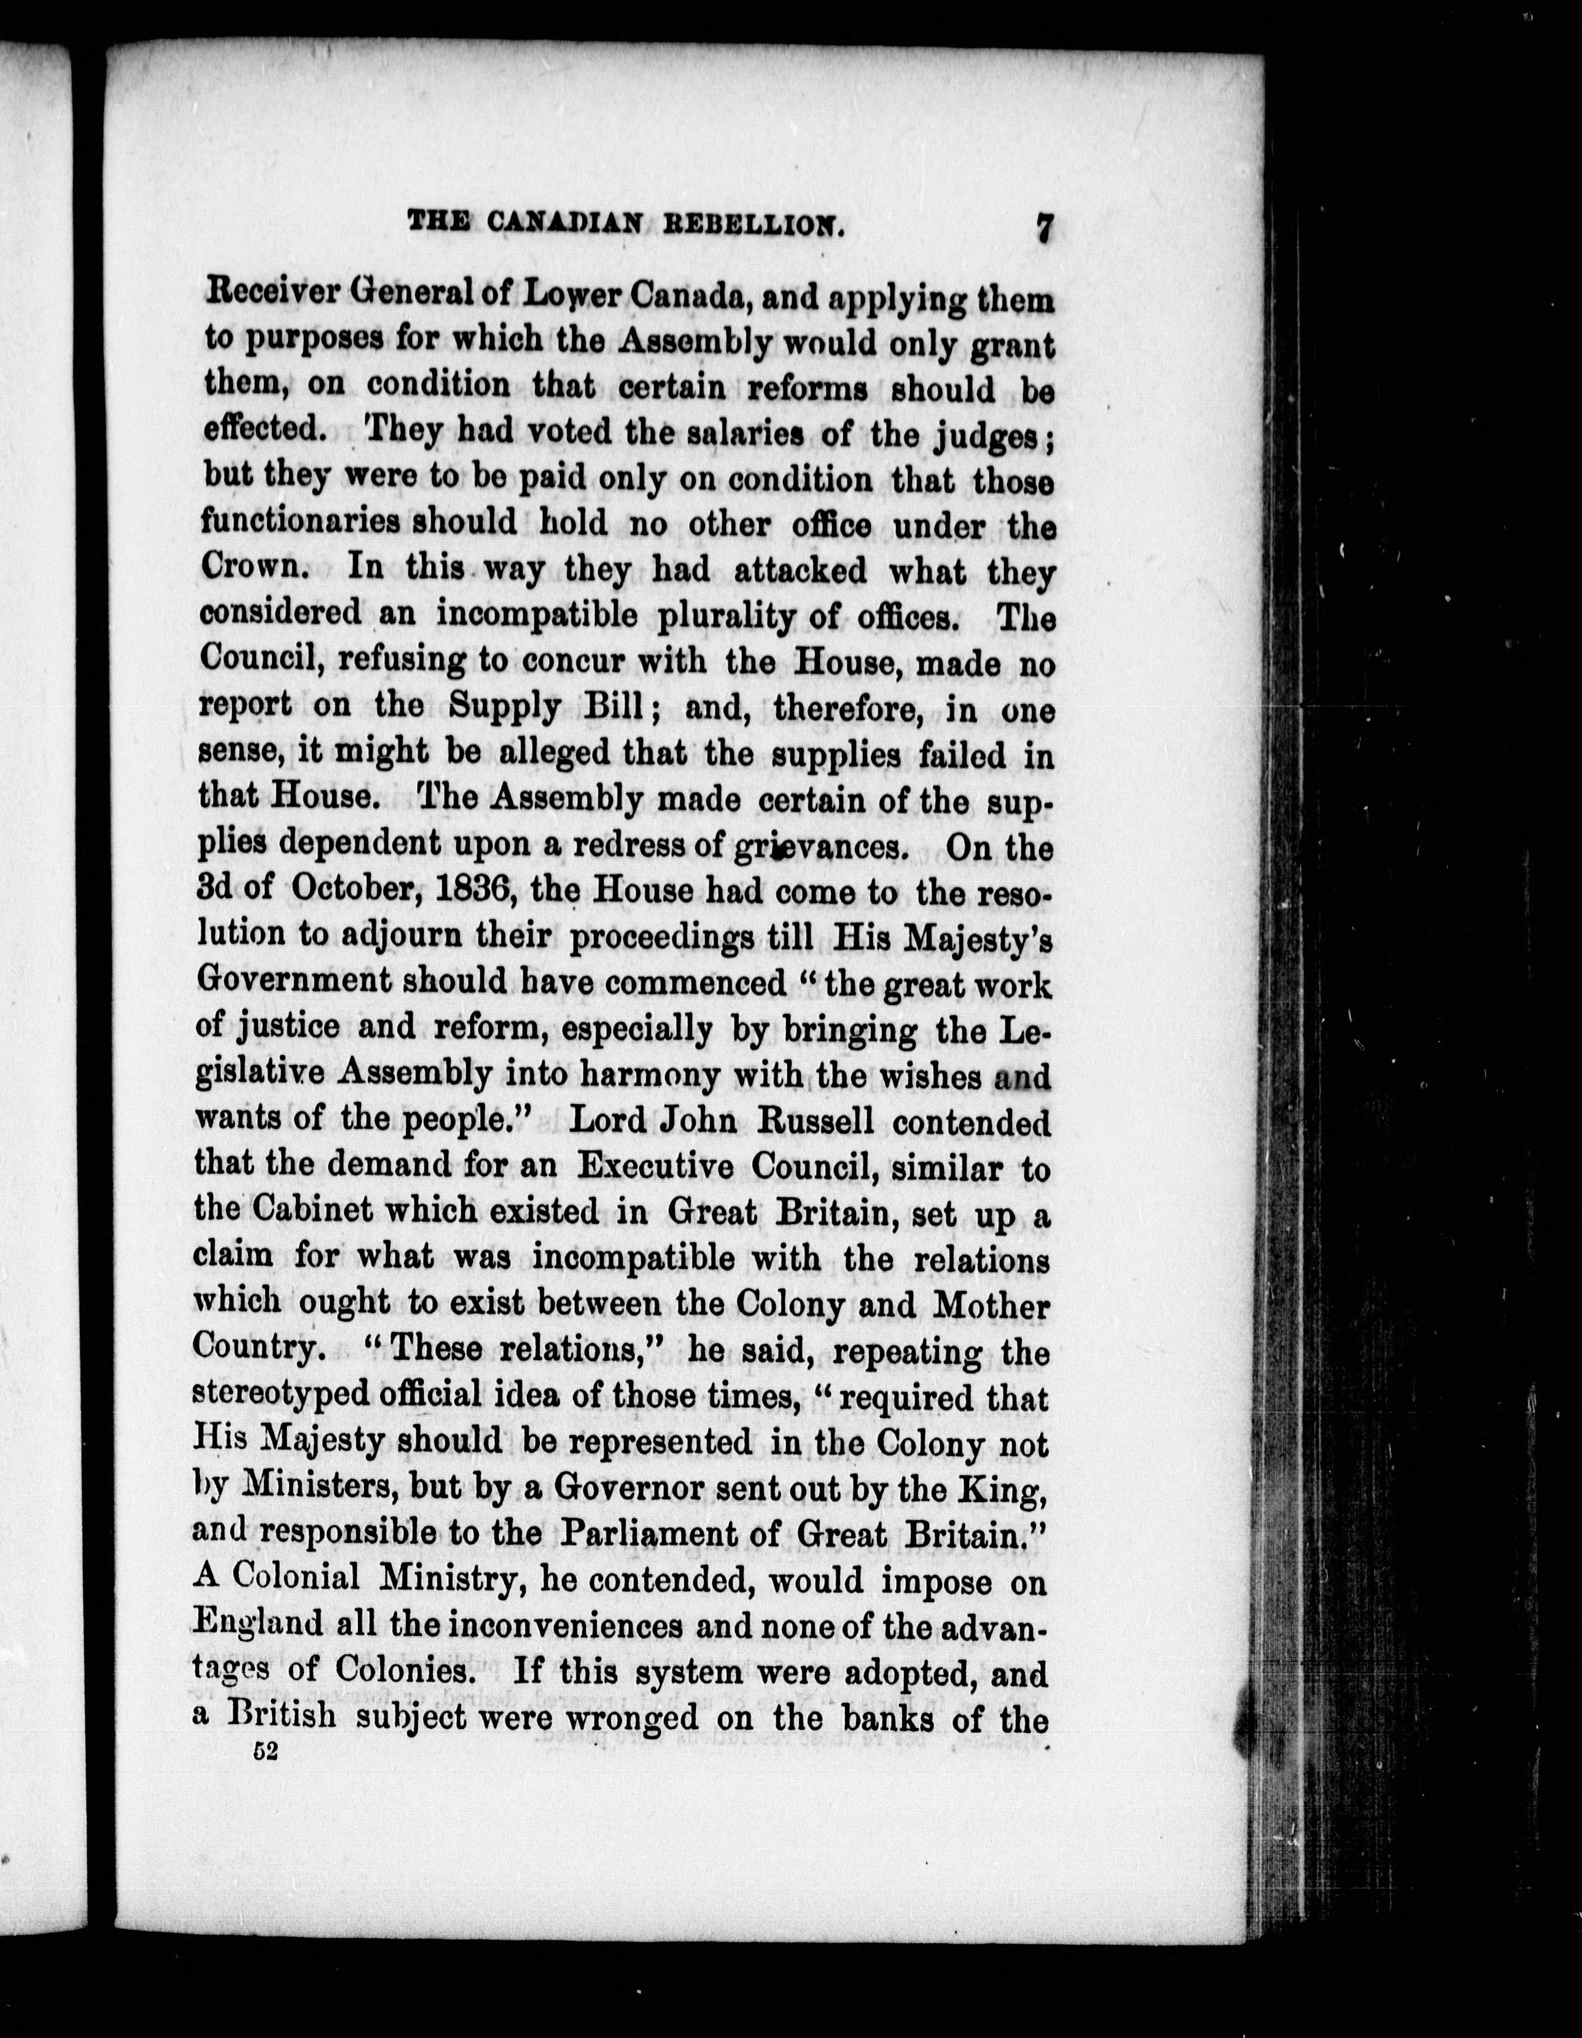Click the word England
(x=257, y=1624)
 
